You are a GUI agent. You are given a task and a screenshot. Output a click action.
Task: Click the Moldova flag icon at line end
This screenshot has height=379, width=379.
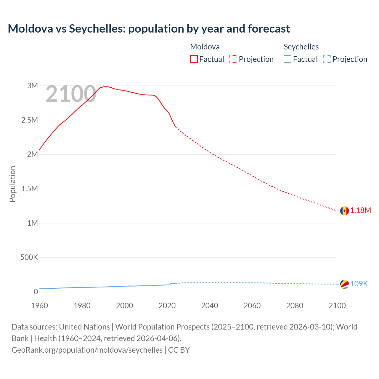344,211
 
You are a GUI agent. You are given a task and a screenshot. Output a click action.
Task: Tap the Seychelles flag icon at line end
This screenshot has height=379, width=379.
344,284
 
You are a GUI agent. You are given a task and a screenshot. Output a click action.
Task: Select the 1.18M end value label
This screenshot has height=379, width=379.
361,211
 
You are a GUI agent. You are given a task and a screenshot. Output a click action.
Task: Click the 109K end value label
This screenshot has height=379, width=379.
359,284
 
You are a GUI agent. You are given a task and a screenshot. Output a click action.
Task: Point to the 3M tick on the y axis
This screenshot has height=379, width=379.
33,86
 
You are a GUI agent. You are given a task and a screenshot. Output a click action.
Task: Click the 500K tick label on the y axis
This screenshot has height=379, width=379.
29,258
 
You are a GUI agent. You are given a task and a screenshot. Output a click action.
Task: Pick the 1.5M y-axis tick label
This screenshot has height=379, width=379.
30,189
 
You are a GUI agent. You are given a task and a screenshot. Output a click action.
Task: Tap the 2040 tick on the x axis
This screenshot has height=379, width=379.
210,306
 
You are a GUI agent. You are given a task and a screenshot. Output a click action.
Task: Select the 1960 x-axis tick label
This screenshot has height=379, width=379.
39,306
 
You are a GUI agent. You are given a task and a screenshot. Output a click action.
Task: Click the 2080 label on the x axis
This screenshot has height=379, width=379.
295,306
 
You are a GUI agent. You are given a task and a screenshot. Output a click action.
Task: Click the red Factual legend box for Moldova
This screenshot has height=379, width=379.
194,59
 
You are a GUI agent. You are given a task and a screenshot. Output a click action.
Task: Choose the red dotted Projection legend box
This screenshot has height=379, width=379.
233,59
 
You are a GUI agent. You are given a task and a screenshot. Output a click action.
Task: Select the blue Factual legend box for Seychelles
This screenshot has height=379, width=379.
288,59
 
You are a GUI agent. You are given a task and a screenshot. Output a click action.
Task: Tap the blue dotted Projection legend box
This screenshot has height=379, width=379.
327,59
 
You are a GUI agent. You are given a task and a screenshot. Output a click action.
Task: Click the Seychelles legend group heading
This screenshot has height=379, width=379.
301,47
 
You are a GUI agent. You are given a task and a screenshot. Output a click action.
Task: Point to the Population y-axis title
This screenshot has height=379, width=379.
12,184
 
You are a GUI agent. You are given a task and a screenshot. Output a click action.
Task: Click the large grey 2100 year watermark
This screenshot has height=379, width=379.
71,94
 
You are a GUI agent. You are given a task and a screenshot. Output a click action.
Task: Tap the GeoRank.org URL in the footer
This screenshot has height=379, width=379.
87,350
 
